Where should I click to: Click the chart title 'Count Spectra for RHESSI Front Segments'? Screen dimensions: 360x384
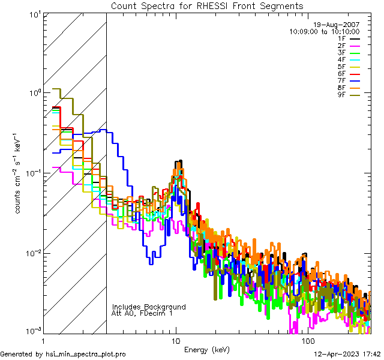(x=207, y=5)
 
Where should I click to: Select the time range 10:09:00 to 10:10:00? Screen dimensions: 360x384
(x=325, y=31)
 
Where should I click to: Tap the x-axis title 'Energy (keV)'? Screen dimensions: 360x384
(x=207, y=349)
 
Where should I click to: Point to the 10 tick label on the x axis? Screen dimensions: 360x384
(x=176, y=341)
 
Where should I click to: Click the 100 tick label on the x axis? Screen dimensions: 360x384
(x=308, y=341)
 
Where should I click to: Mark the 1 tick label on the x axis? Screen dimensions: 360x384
(x=43, y=341)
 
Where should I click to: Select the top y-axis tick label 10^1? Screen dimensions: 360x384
(x=34, y=14)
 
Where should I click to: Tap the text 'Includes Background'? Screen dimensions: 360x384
(x=149, y=307)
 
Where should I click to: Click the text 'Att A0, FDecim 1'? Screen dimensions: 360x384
(x=142, y=313)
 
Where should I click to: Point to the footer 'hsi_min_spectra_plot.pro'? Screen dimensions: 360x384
(x=86, y=354)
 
